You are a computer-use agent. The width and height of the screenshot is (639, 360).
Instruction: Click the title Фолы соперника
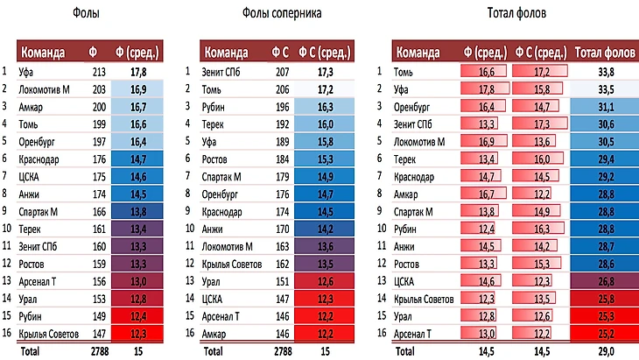click(x=280, y=14)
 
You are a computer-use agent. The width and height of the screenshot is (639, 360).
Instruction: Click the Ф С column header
click(x=280, y=52)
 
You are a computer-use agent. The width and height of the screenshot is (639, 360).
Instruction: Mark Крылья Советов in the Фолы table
click(x=51, y=334)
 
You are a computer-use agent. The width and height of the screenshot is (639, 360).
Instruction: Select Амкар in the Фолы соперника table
click(x=215, y=334)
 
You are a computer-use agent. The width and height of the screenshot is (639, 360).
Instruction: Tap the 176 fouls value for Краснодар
click(x=97, y=159)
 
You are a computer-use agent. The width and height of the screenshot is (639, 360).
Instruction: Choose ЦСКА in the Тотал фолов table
click(x=408, y=282)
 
